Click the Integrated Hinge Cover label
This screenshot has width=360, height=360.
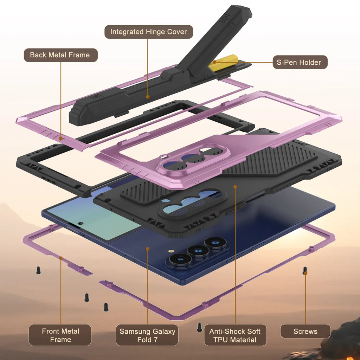point(149,32)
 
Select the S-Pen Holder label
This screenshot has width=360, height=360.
point(300,63)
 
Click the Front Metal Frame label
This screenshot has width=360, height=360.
point(60,335)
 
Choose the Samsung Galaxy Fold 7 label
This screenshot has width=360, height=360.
point(147,335)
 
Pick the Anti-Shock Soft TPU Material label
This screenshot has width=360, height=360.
point(235,335)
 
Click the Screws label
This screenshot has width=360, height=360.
point(305,332)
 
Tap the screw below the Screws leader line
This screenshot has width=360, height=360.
point(305,271)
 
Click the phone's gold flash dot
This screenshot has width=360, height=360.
point(171,252)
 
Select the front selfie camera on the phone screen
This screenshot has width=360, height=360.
point(81,223)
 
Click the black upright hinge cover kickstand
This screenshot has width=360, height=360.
point(214,39)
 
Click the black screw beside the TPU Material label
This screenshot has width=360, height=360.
point(200,327)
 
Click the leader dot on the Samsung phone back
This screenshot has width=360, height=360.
point(148,249)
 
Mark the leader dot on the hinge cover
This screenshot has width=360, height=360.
point(148,97)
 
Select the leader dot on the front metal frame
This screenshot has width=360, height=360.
point(60,258)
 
